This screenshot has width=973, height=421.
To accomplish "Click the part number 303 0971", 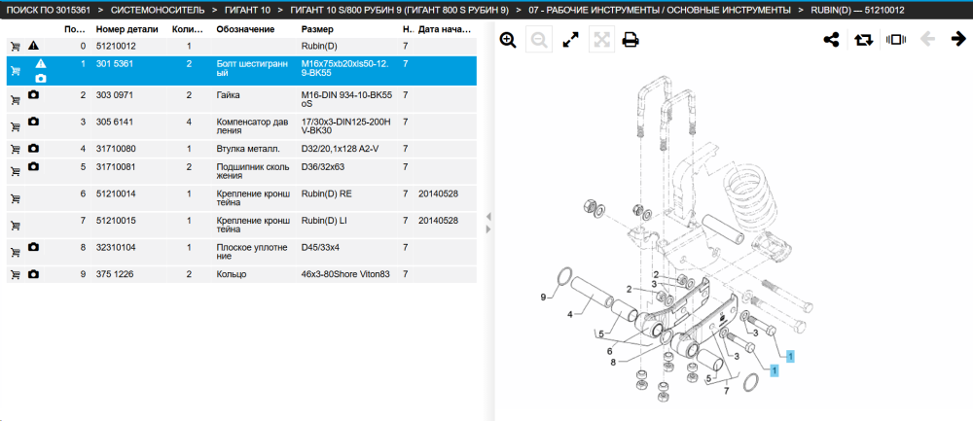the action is tap(115, 95).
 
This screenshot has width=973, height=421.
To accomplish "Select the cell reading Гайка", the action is tap(228, 95).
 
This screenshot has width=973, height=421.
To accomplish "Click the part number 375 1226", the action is tap(115, 274).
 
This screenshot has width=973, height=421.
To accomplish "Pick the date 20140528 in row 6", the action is tap(438, 194).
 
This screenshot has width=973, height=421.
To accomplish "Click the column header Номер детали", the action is tap(127, 29).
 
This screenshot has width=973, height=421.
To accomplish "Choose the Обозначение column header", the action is tap(245, 29).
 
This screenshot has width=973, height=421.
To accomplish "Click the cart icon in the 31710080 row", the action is tap(16, 150).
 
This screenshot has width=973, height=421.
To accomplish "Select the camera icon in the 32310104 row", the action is tap(33, 247).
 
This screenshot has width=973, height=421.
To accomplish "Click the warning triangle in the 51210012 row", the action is tap(33, 46).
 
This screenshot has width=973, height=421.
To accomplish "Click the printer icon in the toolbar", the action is tap(631, 40).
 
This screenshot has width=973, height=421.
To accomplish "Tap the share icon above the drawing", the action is tap(831, 40).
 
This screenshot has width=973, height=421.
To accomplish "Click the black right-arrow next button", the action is tap(958, 40).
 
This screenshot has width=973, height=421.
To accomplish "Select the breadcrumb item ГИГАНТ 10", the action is tap(247, 11).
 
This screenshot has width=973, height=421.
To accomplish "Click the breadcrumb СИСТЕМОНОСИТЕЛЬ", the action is tap(158, 11).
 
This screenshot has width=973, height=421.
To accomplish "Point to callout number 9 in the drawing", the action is tap(543, 297).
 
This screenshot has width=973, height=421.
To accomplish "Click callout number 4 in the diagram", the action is tap(569, 314).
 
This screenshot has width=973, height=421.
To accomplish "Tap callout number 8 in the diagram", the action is tap(613, 362).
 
